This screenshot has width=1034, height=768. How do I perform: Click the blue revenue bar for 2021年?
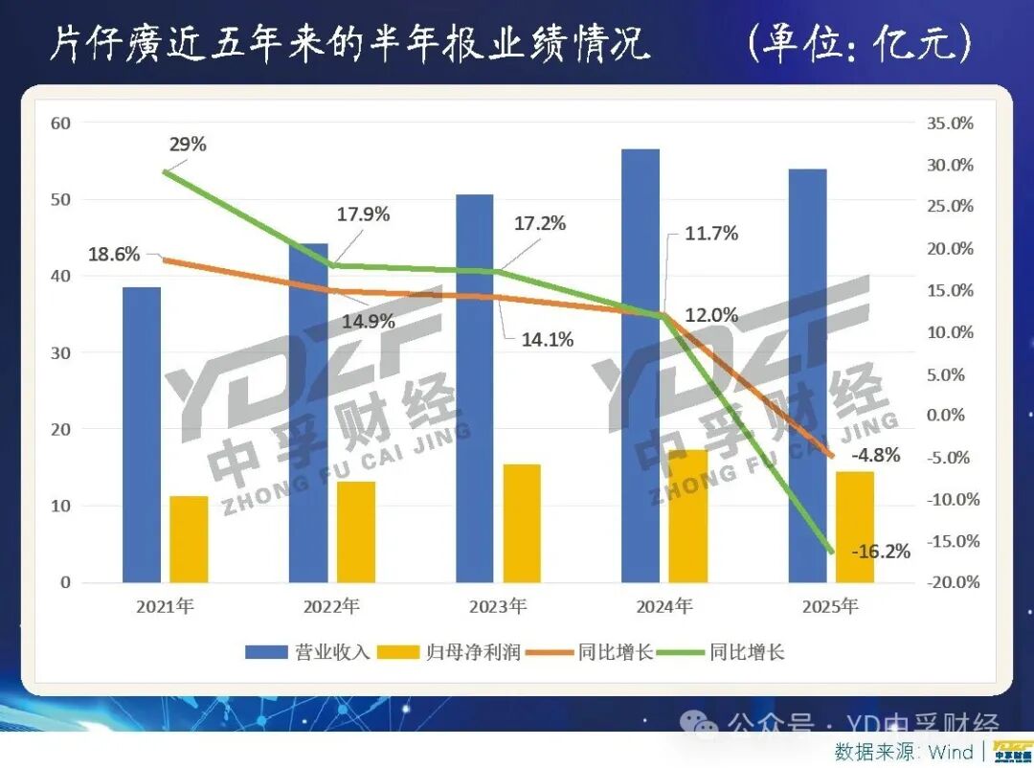[142, 435]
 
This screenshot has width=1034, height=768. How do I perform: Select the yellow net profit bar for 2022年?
[356, 531]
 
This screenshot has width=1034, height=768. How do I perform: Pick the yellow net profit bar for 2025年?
[854, 527]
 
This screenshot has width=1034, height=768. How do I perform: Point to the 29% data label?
[187, 145]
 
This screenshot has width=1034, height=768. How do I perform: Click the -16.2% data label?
[881, 552]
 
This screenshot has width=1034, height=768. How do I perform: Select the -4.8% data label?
[875, 455]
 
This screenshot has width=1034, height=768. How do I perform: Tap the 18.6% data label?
[114, 255]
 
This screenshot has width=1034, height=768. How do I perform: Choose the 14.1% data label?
[548, 339]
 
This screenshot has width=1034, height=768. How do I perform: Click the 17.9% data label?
[363, 215]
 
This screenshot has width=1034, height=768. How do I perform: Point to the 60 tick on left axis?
[60, 124]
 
